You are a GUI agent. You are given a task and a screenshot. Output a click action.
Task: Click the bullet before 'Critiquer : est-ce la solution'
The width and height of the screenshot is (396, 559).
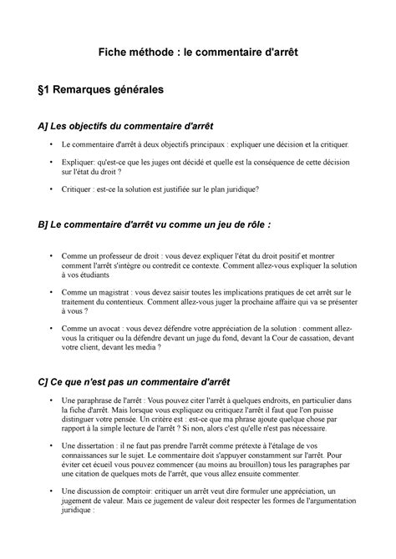(54, 189)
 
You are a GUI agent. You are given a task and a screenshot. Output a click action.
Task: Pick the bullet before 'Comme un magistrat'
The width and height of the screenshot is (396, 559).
(54, 294)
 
